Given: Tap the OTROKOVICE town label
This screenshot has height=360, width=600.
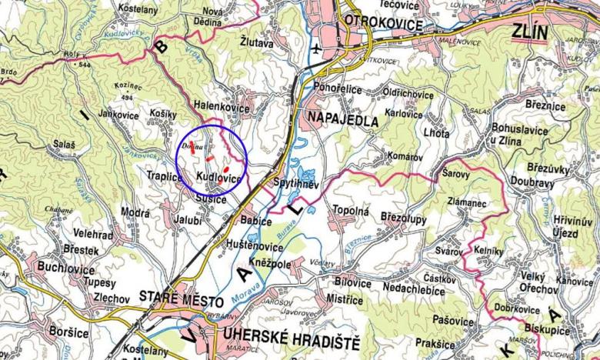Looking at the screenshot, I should click(384, 24).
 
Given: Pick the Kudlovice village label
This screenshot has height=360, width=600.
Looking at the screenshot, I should click(218, 178).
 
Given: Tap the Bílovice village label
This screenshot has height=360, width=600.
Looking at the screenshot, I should click(353, 282).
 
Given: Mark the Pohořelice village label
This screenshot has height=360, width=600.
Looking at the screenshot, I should click(338, 88).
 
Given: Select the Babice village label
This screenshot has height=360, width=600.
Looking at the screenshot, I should click(257, 222).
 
